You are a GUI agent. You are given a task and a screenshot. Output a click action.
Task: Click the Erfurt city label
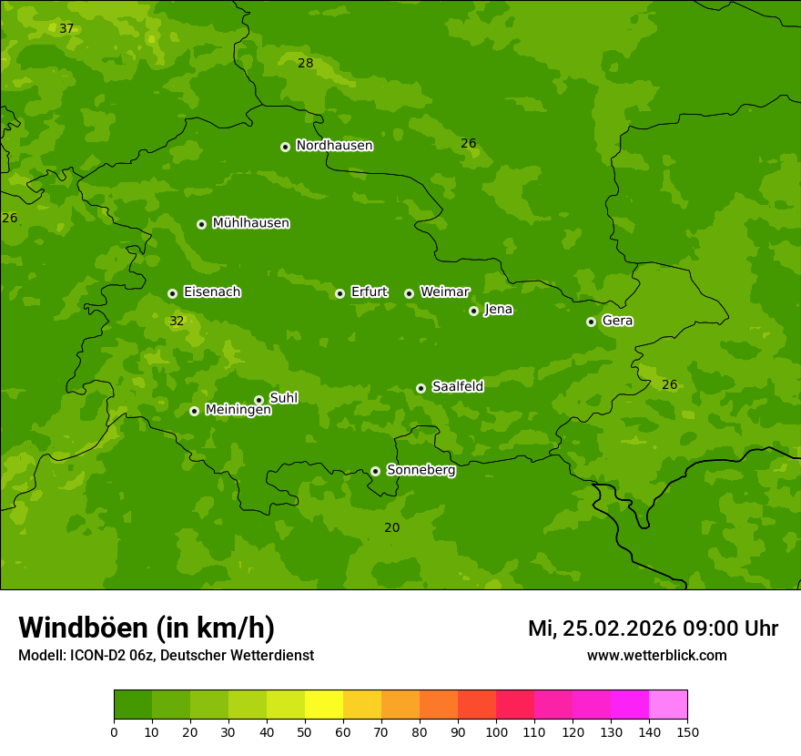(369, 292)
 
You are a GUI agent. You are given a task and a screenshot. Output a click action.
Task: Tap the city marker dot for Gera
(591, 322)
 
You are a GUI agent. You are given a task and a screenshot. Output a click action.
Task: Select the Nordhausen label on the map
(334, 146)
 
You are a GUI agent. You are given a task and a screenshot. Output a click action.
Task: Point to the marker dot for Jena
(473, 311)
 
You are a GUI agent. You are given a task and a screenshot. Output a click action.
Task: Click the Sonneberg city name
(421, 470)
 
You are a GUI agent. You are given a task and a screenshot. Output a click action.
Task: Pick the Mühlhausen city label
(250, 223)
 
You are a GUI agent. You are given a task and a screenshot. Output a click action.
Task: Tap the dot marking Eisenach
(172, 293)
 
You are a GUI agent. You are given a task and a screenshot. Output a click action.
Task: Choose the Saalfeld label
(457, 387)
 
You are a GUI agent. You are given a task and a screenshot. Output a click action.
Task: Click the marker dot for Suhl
(259, 400)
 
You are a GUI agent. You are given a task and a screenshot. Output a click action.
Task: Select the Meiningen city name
(238, 410)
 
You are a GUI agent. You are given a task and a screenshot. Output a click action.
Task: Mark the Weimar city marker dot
(409, 293)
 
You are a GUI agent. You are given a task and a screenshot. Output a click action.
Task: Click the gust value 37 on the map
(66, 29)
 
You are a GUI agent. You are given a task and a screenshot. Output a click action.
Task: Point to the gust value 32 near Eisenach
(177, 322)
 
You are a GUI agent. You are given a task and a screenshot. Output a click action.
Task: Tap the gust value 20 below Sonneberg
(391, 528)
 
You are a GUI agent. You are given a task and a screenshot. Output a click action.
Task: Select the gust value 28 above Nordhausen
(305, 64)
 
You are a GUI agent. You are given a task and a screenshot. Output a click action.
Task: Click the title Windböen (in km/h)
(147, 628)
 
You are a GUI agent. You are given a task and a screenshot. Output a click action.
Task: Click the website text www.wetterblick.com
(656, 656)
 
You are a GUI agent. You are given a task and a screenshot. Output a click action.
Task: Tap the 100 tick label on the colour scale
(496, 731)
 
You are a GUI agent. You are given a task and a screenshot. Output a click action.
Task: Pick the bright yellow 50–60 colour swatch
(324, 705)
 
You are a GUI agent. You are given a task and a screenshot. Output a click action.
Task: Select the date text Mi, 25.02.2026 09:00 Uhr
(653, 628)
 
